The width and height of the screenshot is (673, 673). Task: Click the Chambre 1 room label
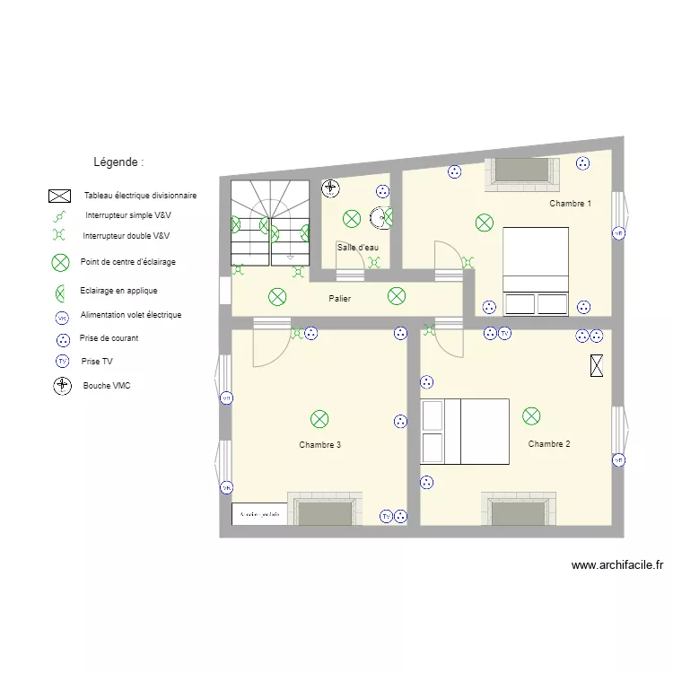tap(570, 204)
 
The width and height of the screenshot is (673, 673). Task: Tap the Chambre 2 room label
tap(549, 444)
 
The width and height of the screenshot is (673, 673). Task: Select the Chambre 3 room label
tap(319, 445)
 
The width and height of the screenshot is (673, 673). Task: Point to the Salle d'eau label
tap(357, 247)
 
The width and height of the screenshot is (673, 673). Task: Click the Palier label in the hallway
tap(339, 299)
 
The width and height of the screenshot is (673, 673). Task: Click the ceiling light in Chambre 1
tap(485, 223)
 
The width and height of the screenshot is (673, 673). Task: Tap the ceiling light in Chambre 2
tap(531, 415)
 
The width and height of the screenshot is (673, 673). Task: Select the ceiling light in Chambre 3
tap(319, 418)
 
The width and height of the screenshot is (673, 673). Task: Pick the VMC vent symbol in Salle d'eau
tap(330, 188)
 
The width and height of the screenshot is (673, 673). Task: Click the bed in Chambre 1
tap(536, 270)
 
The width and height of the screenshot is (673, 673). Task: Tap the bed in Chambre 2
tap(465, 432)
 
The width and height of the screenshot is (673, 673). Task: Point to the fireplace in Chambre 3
tap(324, 512)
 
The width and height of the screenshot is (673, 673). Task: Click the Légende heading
tap(118, 162)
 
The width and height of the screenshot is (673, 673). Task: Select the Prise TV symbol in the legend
tap(62, 362)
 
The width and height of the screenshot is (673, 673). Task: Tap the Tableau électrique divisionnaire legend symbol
tap(60, 196)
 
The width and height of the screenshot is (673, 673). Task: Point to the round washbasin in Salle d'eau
tap(383, 216)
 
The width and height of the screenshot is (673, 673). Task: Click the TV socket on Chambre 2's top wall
tap(504, 334)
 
